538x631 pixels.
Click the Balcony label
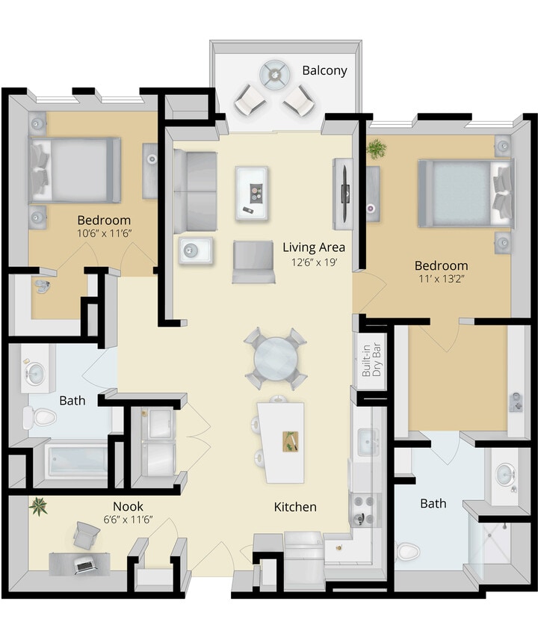[x=324, y=71]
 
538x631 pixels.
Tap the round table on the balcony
[x=273, y=75]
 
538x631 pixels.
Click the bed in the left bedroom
[x=75, y=170]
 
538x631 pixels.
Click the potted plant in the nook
[x=37, y=508]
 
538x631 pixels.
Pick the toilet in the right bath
[x=407, y=552]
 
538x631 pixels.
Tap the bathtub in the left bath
[x=77, y=461]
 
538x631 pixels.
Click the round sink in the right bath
[x=506, y=475]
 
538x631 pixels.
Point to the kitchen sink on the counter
[x=368, y=443]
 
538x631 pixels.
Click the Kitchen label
[x=295, y=507]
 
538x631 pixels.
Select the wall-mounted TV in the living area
[x=345, y=193]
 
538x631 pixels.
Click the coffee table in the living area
[x=252, y=192]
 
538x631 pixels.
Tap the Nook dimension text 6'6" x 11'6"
[x=128, y=520]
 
